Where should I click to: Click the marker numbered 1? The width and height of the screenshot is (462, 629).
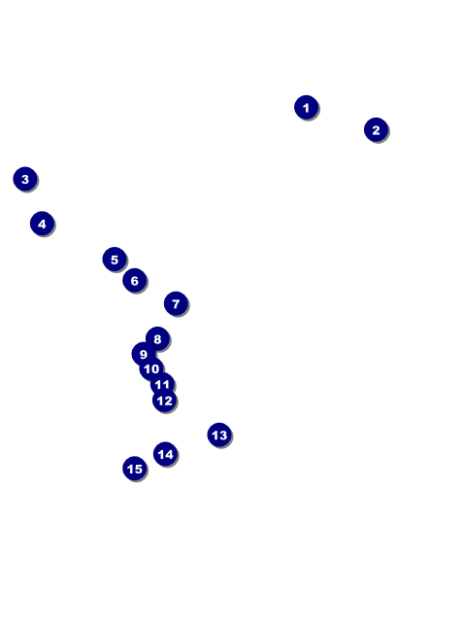pyautogui.click(x=307, y=107)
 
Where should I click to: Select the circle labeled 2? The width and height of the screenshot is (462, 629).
pyautogui.click(x=376, y=129)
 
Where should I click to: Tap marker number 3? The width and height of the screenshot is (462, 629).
pyautogui.click(x=25, y=179)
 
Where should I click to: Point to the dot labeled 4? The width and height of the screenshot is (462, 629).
pyautogui.click(x=42, y=224)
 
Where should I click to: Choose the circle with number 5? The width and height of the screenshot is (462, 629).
pyautogui.click(x=115, y=260)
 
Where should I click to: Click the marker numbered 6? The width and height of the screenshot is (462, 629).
pyautogui.click(x=135, y=280)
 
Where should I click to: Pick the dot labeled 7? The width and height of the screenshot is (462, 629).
pyautogui.click(x=176, y=303)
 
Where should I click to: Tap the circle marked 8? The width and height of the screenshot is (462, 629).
pyautogui.click(x=158, y=338)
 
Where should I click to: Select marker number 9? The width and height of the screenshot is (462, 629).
pyautogui.click(x=144, y=354)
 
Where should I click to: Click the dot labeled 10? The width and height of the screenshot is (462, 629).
pyautogui.click(x=151, y=368)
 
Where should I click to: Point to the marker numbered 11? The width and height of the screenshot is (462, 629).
pyautogui.click(x=162, y=384)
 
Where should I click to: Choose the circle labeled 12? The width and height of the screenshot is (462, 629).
pyautogui.click(x=165, y=401)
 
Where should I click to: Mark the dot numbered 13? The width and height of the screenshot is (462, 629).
pyautogui.click(x=219, y=435)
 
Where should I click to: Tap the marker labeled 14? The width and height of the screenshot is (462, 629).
pyautogui.click(x=165, y=454)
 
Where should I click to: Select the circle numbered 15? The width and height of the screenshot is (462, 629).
pyautogui.click(x=135, y=469)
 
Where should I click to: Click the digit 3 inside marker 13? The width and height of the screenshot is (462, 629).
pyautogui.click(x=223, y=435)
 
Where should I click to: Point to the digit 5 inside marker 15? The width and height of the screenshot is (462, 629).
pyautogui.click(x=138, y=469)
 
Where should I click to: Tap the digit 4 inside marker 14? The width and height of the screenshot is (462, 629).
pyautogui.click(x=169, y=454)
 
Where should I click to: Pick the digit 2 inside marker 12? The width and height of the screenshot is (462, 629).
pyautogui.click(x=168, y=401)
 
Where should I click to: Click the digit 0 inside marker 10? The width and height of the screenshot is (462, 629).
pyautogui.click(x=155, y=368)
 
